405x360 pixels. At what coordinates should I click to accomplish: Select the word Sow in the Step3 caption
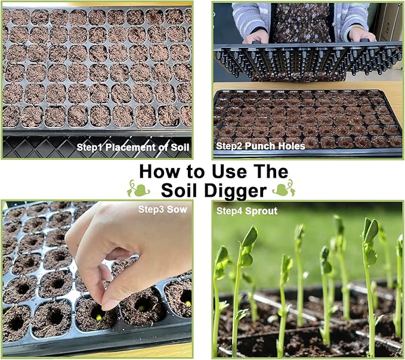point(179,210)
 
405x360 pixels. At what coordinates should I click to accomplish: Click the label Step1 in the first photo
point(89,146)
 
